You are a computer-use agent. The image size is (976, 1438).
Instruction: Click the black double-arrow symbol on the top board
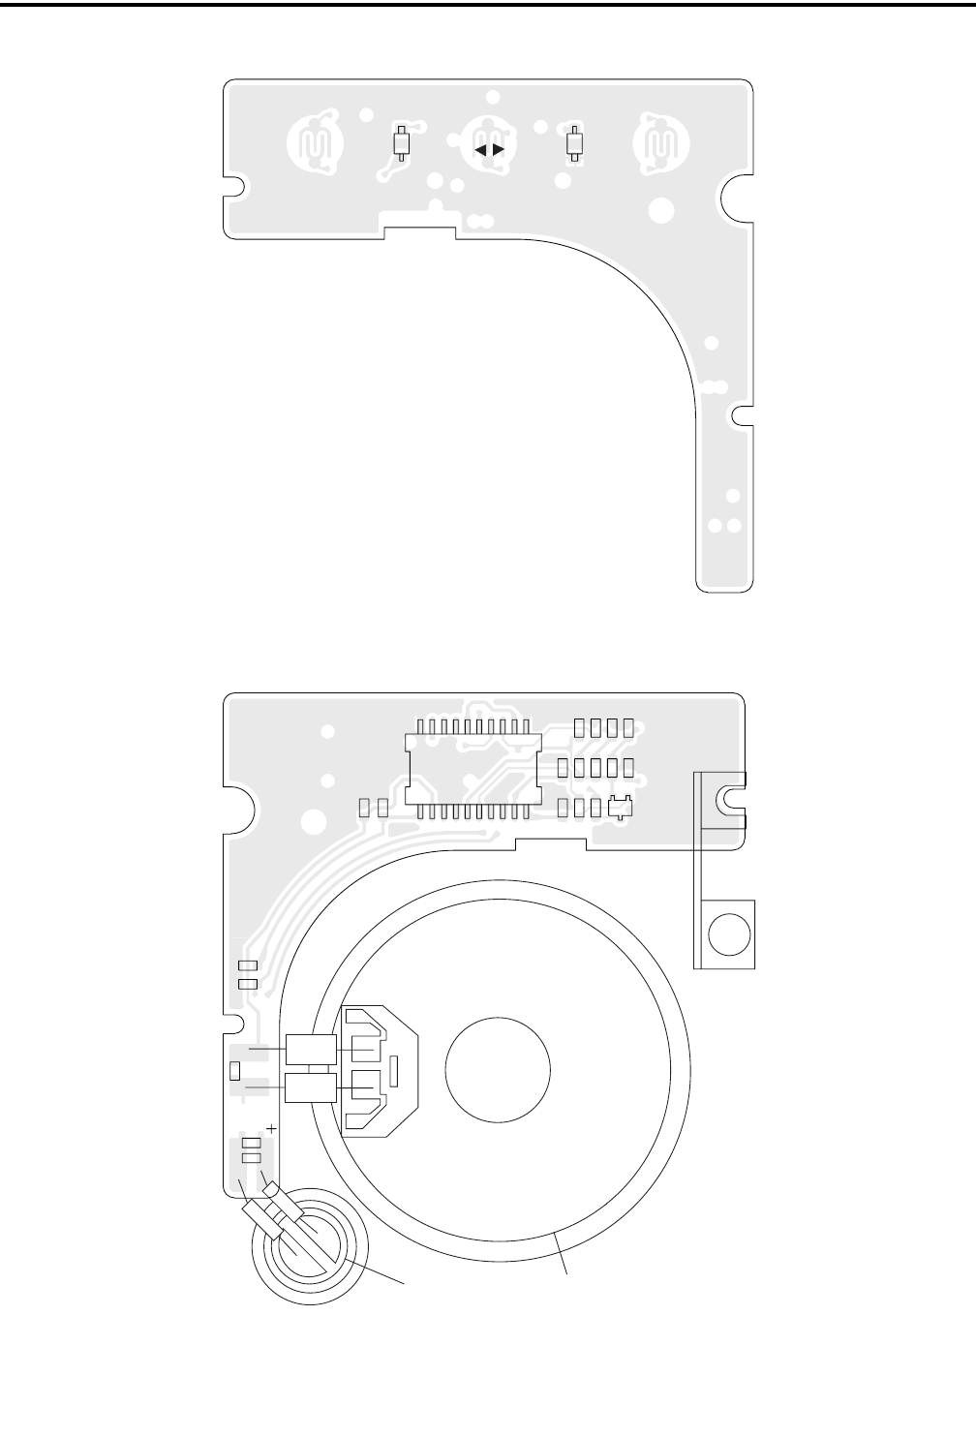click(x=490, y=150)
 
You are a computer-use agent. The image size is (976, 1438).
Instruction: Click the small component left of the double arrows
click(x=402, y=144)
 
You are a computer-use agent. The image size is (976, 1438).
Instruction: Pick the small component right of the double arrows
click(x=574, y=144)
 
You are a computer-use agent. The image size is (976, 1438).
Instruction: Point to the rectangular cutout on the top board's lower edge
click(x=420, y=231)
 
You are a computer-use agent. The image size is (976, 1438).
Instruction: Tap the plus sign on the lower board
click(x=272, y=1128)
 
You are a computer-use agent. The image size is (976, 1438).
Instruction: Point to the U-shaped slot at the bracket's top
click(x=727, y=799)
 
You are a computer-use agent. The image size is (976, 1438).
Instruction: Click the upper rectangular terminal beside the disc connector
click(x=311, y=1047)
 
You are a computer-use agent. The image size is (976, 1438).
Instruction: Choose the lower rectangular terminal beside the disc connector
click(x=311, y=1087)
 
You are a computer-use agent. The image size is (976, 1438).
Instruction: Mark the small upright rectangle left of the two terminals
click(x=234, y=1070)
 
